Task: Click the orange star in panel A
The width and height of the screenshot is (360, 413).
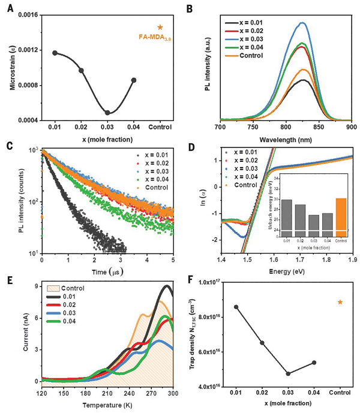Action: coord(160,27)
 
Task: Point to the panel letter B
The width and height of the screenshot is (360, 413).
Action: coord(190,8)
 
